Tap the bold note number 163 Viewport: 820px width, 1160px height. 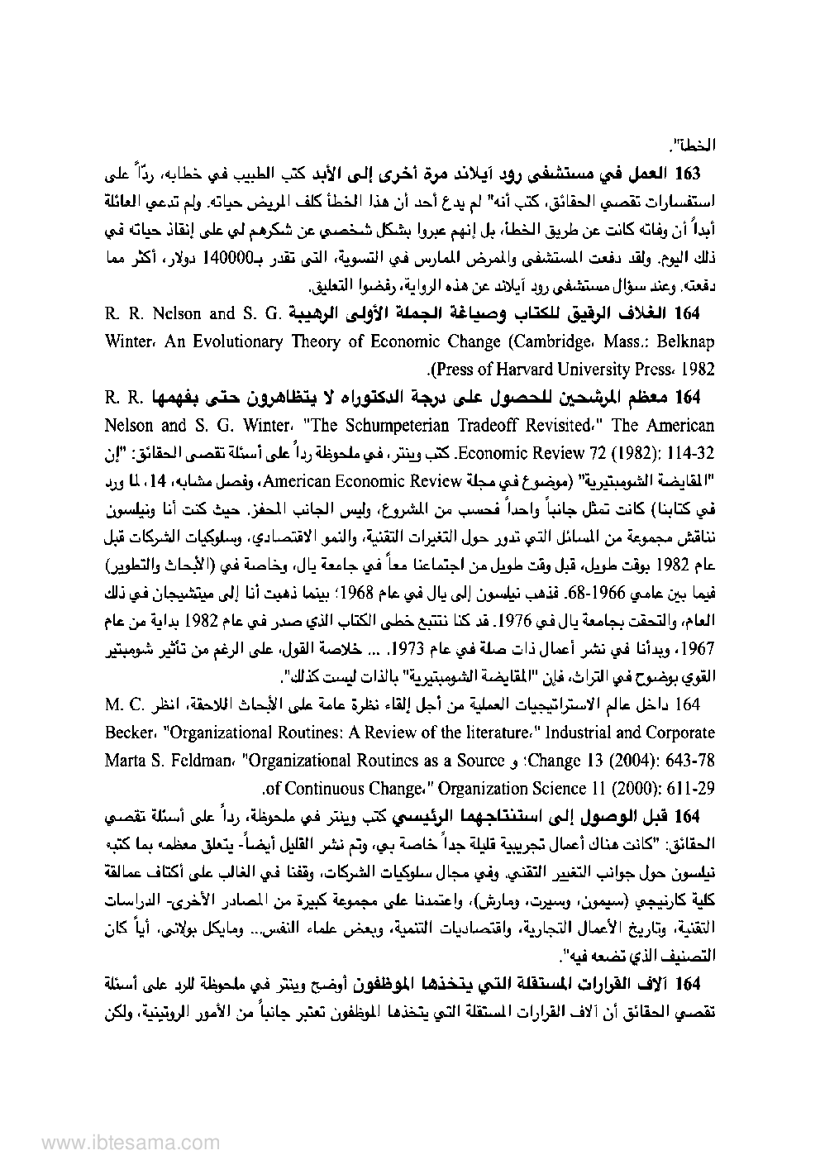[688, 174]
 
